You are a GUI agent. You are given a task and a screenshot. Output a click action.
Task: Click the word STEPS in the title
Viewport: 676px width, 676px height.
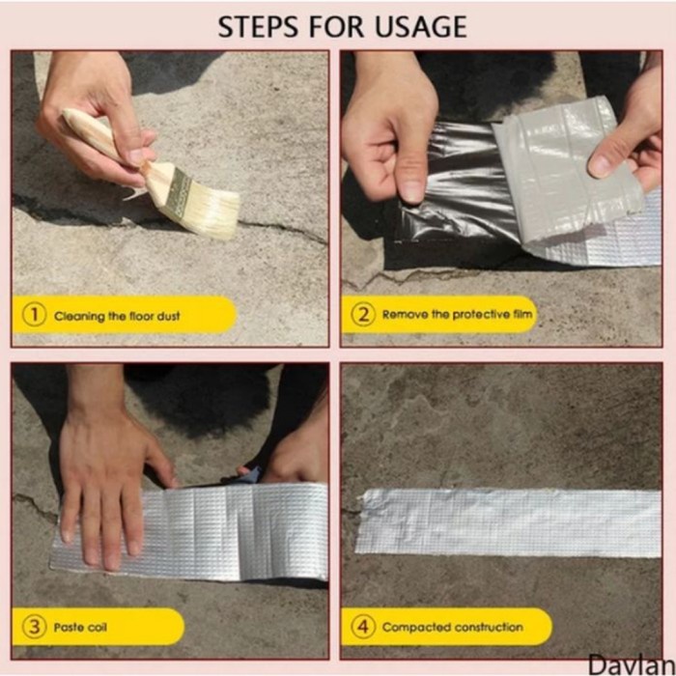click(x=258, y=26)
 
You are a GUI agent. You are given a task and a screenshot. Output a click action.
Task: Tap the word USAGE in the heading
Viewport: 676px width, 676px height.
click(x=421, y=26)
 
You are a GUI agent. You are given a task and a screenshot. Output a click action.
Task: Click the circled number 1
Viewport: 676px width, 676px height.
click(x=34, y=314)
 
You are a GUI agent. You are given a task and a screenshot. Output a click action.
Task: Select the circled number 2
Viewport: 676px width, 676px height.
click(x=363, y=314)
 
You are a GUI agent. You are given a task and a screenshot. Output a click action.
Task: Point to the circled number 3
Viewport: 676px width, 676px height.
click(x=34, y=627)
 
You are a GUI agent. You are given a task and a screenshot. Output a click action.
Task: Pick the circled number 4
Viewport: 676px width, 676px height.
click(x=363, y=627)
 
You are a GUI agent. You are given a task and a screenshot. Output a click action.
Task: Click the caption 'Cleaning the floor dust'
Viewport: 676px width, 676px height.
click(x=117, y=316)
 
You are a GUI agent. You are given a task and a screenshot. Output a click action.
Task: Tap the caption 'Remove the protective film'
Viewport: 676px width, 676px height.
click(x=457, y=314)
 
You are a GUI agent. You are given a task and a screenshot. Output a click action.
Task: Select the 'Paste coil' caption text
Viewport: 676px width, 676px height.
click(x=80, y=627)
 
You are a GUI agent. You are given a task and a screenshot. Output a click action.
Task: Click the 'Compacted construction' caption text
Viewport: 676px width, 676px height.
click(x=453, y=627)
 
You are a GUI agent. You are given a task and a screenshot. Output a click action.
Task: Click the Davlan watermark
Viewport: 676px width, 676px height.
click(x=632, y=664)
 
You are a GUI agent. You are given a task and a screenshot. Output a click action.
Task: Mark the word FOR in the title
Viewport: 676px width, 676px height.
click(x=336, y=26)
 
